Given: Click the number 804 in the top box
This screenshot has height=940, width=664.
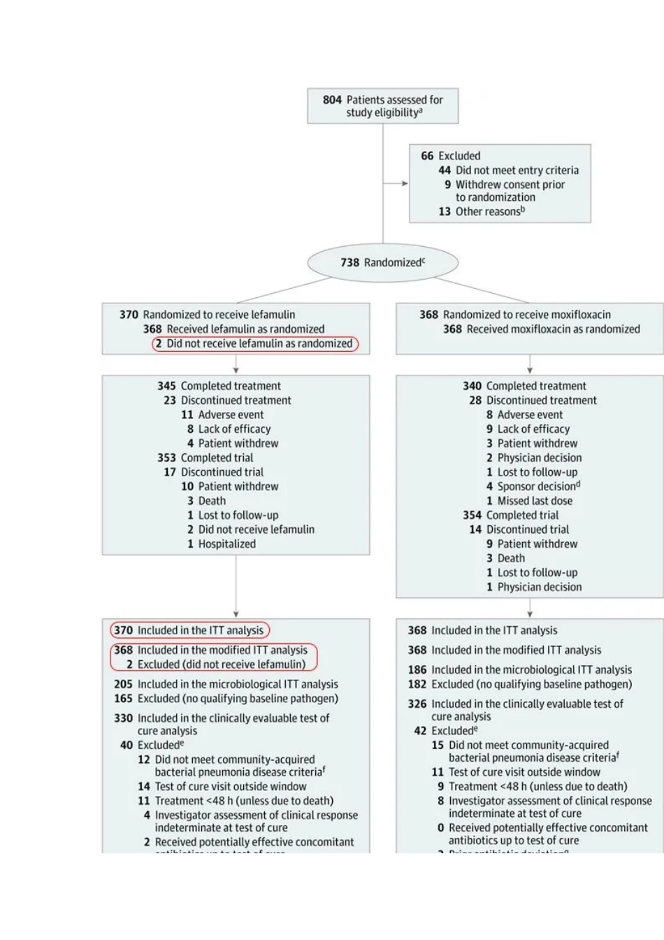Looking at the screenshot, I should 332,100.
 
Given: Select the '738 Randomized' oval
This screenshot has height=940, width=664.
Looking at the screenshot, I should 382,263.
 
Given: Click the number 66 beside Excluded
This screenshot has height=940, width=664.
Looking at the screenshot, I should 427,156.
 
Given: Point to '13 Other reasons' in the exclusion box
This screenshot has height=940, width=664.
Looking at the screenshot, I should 482,211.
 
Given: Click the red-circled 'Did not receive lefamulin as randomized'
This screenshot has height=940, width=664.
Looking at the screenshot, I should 255,343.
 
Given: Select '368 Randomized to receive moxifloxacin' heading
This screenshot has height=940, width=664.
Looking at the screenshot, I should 515,315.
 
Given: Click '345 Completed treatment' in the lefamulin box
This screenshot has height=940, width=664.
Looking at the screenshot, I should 219,386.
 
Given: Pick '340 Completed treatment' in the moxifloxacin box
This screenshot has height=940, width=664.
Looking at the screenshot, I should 524,386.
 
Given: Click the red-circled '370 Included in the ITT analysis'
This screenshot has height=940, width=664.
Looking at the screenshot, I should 189,630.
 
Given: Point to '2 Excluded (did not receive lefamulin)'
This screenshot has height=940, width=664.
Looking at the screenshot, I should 215,664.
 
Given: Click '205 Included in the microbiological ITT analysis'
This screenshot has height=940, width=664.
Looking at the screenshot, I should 226,684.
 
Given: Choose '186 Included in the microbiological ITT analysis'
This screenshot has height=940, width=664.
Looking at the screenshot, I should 519,670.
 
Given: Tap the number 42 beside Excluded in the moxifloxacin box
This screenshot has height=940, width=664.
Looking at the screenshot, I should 420,731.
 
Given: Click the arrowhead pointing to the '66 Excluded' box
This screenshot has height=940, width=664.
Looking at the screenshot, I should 405,184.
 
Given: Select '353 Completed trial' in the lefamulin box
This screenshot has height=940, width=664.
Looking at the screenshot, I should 205,458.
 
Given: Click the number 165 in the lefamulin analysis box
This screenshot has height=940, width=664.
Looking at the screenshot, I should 123,699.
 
